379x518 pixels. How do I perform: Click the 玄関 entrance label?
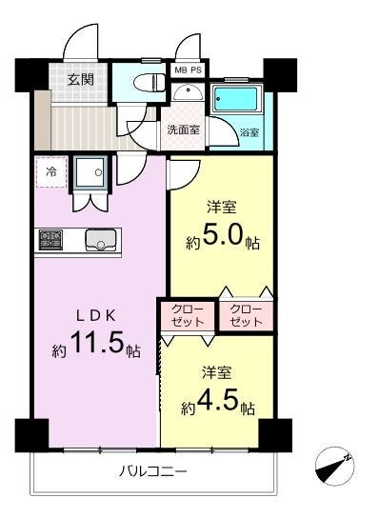pyautogui.click(x=81, y=80)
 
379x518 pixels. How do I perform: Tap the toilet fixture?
pyautogui.click(x=150, y=82)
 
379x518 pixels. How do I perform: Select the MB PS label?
pyautogui.click(x=188, y=70)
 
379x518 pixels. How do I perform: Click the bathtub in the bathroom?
pyautogui.click(x=235, y=99)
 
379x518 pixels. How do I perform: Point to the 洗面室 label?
pyautogui.click(x=184, y=129)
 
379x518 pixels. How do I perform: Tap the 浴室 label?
pyautogui.click(x=249, y=132)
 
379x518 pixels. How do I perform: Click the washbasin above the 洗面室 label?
pyautogui.click(x=188, y=91)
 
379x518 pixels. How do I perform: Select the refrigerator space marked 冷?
pyautogui.click(x=51, y=172)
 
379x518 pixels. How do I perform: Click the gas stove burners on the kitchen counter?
pyautogui.click(x=50, y=240)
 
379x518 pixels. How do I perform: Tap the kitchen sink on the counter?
pyautogui.click(x=101, y=240)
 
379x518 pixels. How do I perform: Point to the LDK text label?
pyautogui.click(x=96, y=316)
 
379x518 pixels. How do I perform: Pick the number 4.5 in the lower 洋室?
pyautogui.click(x=218, y=401)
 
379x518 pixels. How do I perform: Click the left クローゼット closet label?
pyautogui.click(x=188, y=315)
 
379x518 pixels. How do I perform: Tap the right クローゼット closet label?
pyautogui.click(x=247, y=315)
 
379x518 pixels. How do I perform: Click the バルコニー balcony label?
pyautogui.click(x=152, y=470)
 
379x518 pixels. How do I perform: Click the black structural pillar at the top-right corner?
pyautogui.click(x=280, y=75)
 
